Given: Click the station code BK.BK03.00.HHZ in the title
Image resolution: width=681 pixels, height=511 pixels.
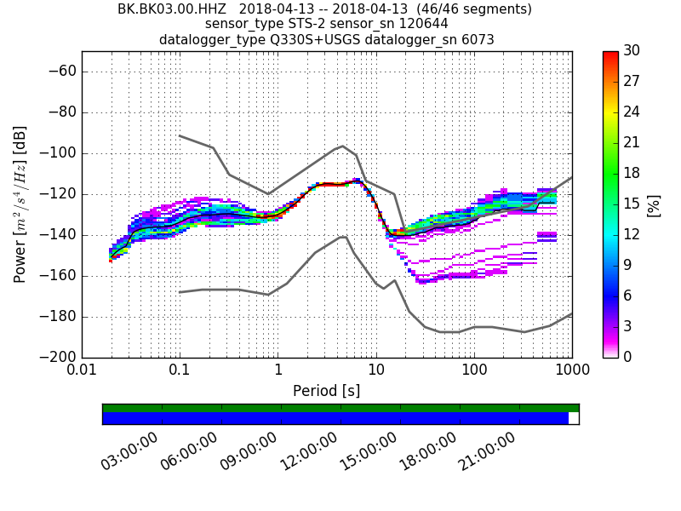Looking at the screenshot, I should [161, 9].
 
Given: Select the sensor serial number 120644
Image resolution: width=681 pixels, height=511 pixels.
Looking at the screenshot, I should [418, 24].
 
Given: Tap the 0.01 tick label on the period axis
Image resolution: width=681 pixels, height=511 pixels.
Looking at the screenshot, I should [82, 372].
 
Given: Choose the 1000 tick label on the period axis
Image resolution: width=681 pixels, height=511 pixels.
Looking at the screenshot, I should [571, 372].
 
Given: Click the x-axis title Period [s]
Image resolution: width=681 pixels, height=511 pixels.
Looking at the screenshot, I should [327, 391].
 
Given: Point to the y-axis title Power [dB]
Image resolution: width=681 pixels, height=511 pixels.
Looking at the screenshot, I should [20, 204].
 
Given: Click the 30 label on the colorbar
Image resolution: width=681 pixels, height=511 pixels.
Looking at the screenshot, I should [631, 51].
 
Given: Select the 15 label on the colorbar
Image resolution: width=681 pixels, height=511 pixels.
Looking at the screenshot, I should [631, 204].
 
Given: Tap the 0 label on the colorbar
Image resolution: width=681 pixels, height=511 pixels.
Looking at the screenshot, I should [627, 357].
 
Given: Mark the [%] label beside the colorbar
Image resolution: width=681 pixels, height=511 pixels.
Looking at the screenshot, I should [654, 204].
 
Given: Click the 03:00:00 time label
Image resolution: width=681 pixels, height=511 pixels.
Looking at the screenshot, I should [130, 451].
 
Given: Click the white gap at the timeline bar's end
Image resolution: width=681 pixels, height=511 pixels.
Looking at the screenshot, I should [573, 418].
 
